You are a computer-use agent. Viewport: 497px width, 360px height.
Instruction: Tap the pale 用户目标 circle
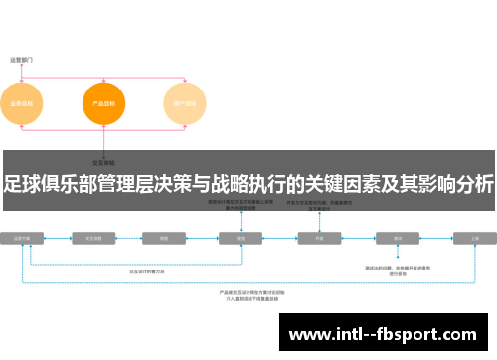tap(184, 103)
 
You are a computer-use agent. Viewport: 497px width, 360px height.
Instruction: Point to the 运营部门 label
tap(22, 59)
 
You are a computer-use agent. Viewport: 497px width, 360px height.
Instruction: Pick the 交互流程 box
tap(95, 239)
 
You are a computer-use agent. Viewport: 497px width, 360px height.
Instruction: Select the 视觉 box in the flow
tap(240, 239)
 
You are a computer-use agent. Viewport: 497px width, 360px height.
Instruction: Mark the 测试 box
tap(398, 239)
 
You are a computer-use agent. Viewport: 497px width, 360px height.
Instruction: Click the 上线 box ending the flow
tap(474, 239)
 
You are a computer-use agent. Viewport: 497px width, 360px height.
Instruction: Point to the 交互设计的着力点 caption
tap(148, 270)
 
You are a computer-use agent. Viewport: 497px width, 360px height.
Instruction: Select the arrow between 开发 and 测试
tap(359, 239)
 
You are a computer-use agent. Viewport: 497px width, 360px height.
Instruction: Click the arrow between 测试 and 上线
tap(436, 239)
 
